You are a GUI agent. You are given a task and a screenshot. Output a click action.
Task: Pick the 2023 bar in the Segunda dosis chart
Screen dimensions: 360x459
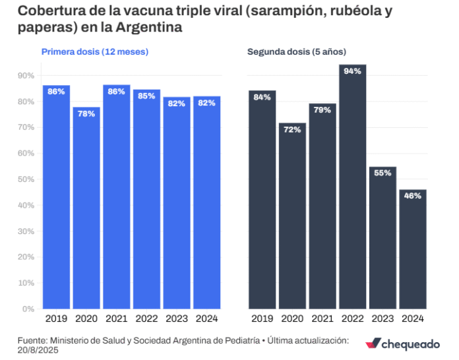(x=382, y=237)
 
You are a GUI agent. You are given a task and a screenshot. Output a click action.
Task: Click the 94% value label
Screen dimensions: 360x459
(x=353, y=71)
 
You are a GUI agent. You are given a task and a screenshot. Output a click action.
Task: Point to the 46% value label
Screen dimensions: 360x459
(x=413, y=195)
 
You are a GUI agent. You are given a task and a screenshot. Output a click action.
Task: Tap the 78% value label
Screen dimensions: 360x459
(x=86, y=113)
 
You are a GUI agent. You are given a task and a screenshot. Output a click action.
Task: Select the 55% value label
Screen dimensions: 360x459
(x=382, y=172)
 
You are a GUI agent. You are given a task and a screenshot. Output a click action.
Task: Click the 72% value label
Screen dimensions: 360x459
(x=293, y=129)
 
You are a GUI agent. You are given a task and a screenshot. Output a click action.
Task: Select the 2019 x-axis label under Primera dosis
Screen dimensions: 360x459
(x=57, y=318)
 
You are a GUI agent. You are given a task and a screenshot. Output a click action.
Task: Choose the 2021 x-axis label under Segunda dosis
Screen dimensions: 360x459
(x=322, y=318)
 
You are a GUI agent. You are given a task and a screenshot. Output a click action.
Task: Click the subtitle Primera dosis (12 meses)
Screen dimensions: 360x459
(x=95, y=51)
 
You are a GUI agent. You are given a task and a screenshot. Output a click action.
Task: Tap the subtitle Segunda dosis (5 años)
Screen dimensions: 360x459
(x=297, y=51)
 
